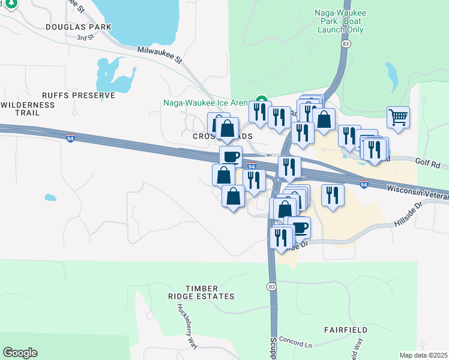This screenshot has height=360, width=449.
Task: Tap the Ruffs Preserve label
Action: (x=78, y=95)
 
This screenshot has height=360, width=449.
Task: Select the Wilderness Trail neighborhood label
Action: (x=28, y=109)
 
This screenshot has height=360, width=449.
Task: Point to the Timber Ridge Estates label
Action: (x=201, y=292)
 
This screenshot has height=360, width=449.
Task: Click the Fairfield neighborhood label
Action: (x=345, y=330)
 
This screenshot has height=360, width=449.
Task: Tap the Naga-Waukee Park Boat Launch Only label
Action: (x=339, y=20)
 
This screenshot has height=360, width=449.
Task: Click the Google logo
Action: (x=20, y=353)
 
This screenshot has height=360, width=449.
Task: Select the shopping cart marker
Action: (x=398, y=116)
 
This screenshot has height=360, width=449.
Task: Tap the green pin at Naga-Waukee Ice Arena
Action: (x=261, y=101)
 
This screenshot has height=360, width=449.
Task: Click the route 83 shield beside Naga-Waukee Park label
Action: (x=345, y=44)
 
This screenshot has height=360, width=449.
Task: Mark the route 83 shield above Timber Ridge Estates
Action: (x=272, y=286)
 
